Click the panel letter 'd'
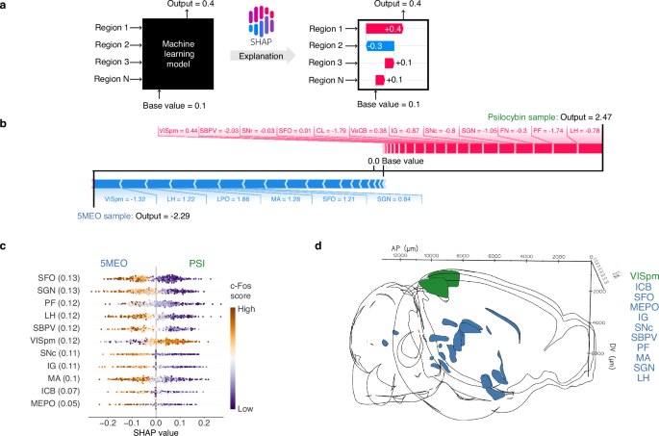point(320,247)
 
